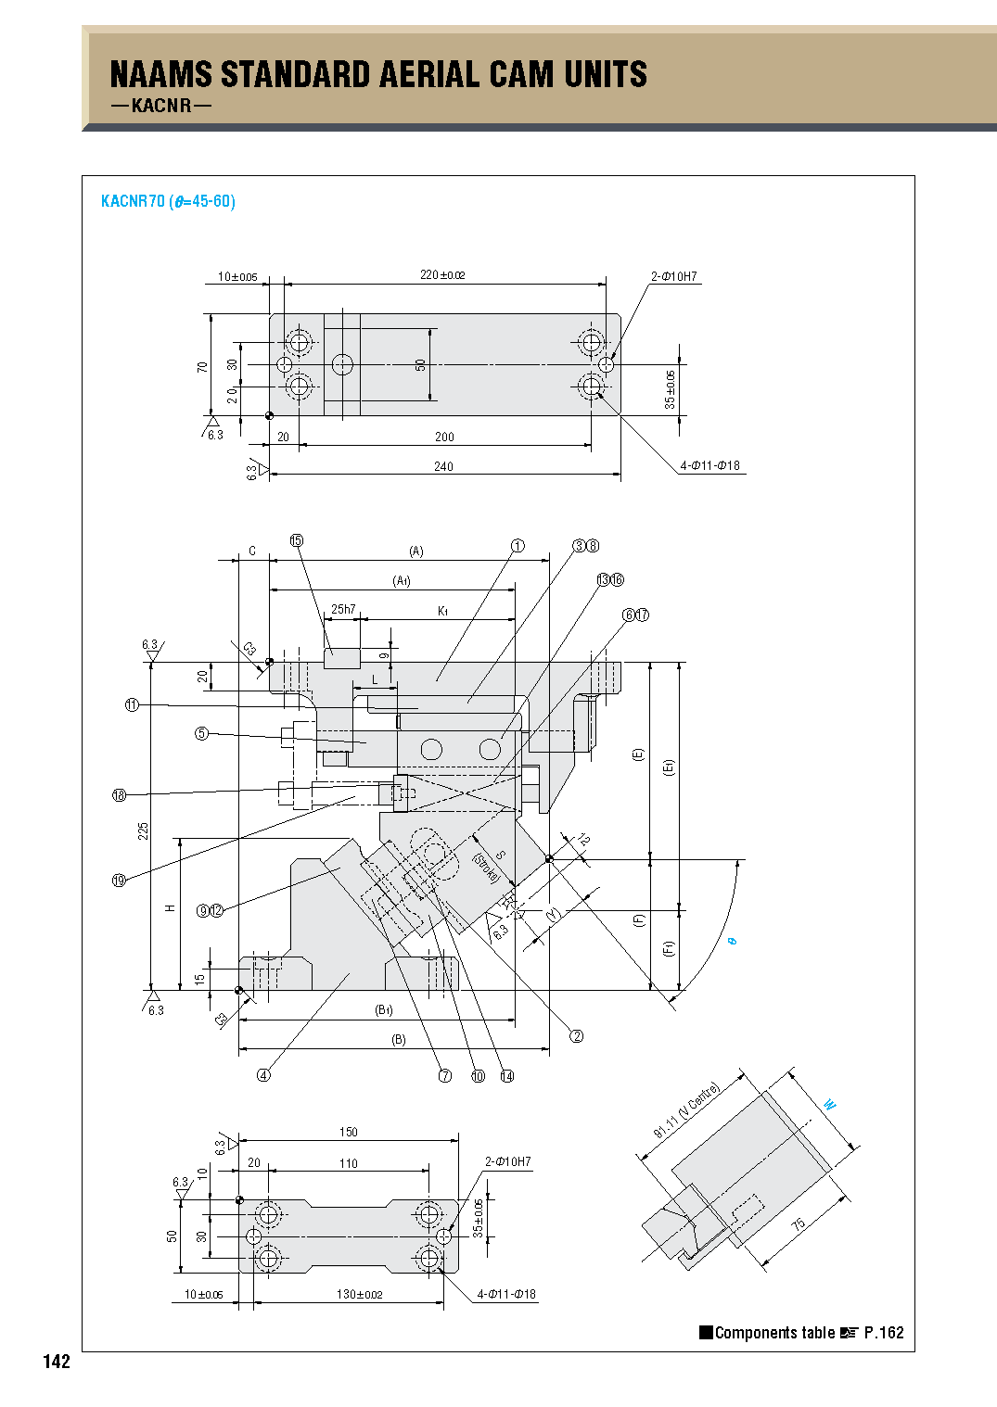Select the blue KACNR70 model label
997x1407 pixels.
[133, 201]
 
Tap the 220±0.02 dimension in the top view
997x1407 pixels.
[442, 275]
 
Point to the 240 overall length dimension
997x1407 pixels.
[443, 466]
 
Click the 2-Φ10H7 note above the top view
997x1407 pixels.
[674, 276]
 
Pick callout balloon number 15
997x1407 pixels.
[297, 541]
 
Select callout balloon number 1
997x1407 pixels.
[518, 546]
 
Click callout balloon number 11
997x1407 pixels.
[132, 705]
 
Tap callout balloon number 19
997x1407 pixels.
[119, 881]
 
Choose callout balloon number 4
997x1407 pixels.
[263, 1075]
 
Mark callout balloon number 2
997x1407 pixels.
[576, 1036]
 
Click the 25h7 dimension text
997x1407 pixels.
[343, 609]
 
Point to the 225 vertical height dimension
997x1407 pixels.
[144, 830]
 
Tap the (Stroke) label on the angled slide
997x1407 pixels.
[485, 868]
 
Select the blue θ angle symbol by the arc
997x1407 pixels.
[732, 942]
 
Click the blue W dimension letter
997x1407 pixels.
[829, 1105]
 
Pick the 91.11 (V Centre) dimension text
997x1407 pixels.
[686, 1110]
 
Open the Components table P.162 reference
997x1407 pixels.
[801, 1333]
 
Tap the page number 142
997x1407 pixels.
[57, 1362]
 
